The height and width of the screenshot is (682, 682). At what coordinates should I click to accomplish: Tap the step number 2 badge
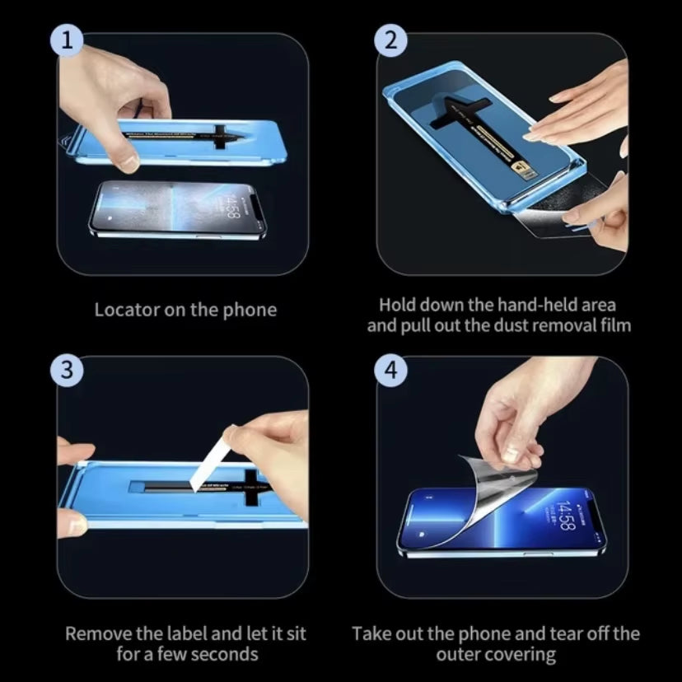coord(391,40)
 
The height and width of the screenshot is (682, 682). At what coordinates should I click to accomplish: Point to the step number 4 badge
coord(391,371)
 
